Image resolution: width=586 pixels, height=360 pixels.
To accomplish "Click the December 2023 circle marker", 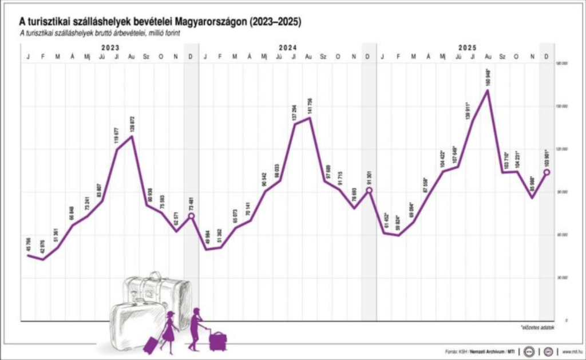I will (x=192, y=216).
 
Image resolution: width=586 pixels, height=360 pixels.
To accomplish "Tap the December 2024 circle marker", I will (x=369, y=190).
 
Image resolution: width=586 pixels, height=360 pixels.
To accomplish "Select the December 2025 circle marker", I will (x=547, y=172).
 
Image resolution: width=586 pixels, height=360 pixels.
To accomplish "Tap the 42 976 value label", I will (x=42, y=245).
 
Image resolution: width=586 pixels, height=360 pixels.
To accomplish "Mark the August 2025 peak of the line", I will (x=488, y=90).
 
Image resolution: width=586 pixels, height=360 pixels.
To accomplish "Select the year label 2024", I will (x=287, y=49).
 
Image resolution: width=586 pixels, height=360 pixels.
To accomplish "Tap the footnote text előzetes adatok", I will (x=537, y=329).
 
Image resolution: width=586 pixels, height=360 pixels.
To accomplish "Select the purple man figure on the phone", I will (x=195, y=329).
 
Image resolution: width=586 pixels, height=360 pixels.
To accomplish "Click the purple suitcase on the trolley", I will (x=217, y=342).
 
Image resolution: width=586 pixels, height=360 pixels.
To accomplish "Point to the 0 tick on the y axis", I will (x=565, y=321).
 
